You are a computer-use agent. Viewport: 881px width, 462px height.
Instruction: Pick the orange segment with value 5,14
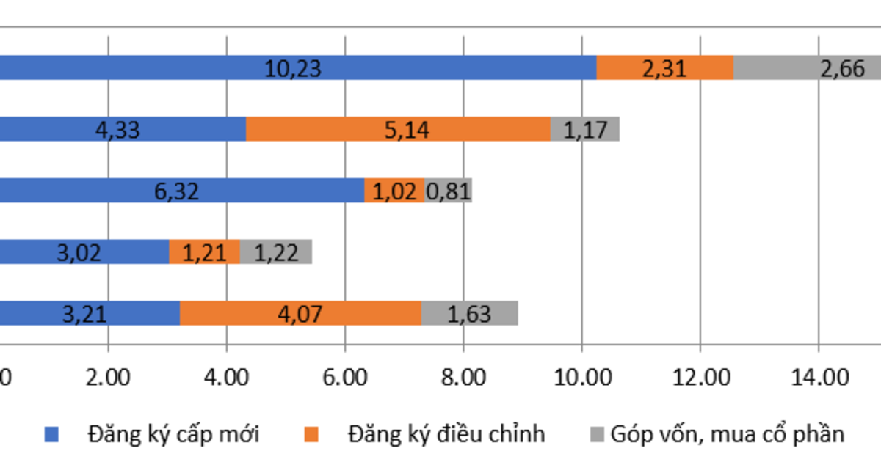(398, 130)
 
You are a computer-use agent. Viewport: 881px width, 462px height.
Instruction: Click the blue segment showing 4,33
(121, 130)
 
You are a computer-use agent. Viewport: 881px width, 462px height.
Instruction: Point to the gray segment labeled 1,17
(585, 130)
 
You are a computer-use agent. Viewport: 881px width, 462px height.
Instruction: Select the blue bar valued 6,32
(180, 191)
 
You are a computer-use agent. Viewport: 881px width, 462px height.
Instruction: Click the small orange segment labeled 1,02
(394, 191)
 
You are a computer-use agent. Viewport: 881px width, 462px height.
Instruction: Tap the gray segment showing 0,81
(449, 191)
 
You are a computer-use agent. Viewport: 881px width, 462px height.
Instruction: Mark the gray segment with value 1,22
(276, 252)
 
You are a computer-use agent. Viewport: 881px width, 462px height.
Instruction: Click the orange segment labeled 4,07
(300, 314)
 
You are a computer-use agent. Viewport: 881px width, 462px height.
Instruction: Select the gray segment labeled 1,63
(470, 314)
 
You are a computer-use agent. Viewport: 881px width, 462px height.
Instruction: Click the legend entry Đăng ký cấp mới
(173, 433)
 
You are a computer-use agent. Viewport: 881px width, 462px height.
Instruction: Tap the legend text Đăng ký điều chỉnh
(446, 433)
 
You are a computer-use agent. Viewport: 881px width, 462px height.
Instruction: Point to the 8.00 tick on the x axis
(463, 378)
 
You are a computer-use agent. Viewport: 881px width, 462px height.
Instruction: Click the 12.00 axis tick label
(700, 378)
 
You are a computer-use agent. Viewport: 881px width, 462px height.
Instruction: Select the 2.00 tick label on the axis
(108, 378)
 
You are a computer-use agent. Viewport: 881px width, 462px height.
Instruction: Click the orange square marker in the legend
(312, 435)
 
